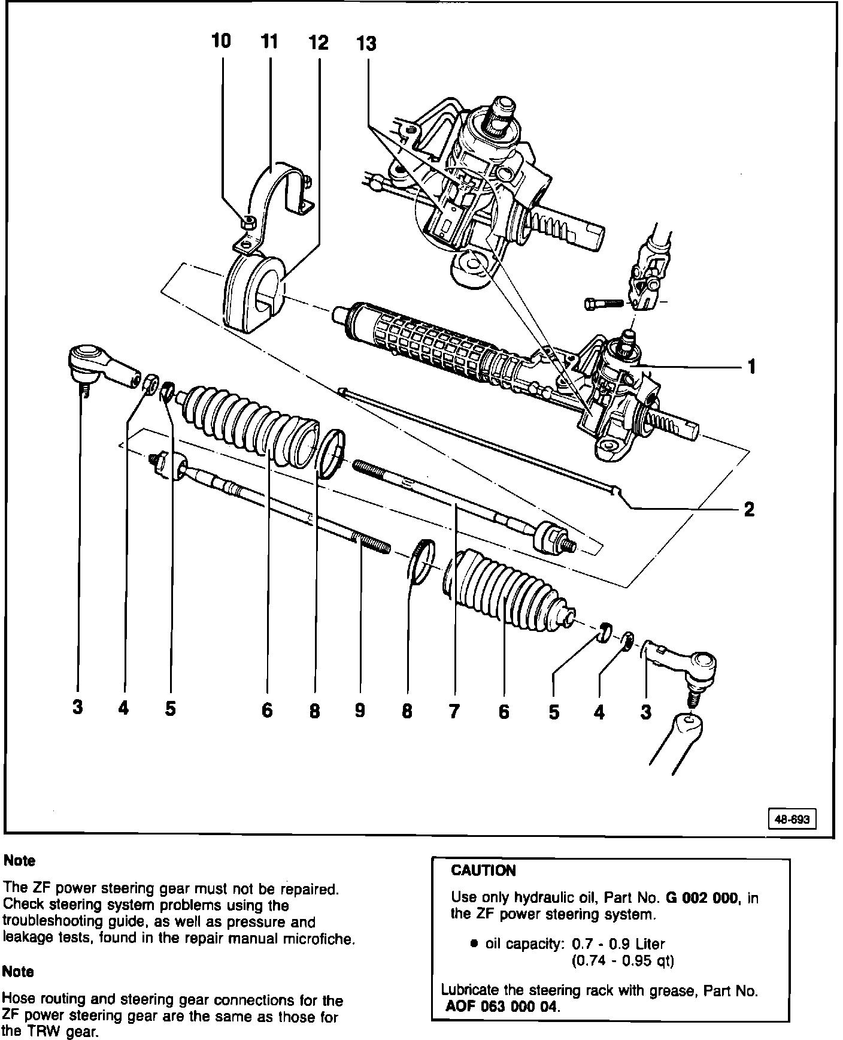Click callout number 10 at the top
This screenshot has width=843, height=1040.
[221, 41]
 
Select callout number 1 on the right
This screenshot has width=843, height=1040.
[751, 365]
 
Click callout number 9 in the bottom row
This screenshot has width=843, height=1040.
[360, 711]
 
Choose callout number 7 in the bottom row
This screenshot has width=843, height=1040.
[454, 711]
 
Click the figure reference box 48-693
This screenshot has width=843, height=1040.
[792, 819]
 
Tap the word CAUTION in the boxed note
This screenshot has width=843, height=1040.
[483, 870]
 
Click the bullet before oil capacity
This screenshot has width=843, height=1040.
[474, 944]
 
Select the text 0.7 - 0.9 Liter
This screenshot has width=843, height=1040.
[618, 944]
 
